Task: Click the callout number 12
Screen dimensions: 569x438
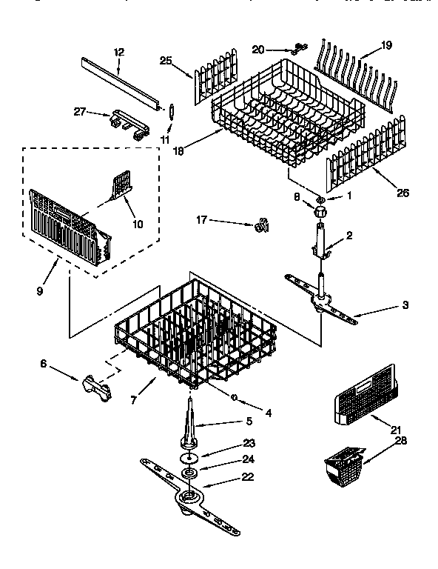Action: [119, 52]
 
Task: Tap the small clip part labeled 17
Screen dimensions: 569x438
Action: [260, 226]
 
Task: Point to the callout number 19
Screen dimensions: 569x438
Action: [386, 45]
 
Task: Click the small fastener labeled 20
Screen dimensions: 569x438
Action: [297, 48]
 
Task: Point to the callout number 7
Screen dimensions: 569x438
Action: [133, 401]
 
